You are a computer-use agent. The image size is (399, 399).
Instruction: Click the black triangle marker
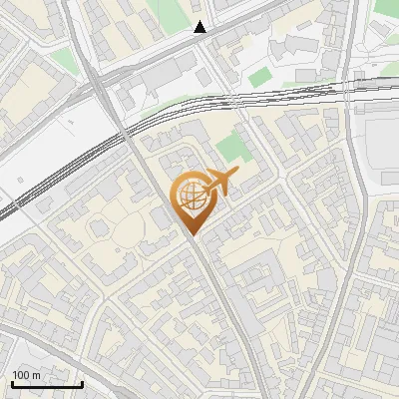point(200,27)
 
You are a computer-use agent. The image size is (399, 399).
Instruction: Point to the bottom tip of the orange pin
point(191,235)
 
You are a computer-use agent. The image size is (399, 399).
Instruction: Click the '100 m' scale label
point(26,375)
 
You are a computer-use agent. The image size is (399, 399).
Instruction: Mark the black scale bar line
point(46,384)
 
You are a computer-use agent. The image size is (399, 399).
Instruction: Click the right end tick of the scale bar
point(82,383)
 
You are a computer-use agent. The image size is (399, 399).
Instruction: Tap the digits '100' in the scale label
point(21,375)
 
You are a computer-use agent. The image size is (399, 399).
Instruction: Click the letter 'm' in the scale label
point(37,375)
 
